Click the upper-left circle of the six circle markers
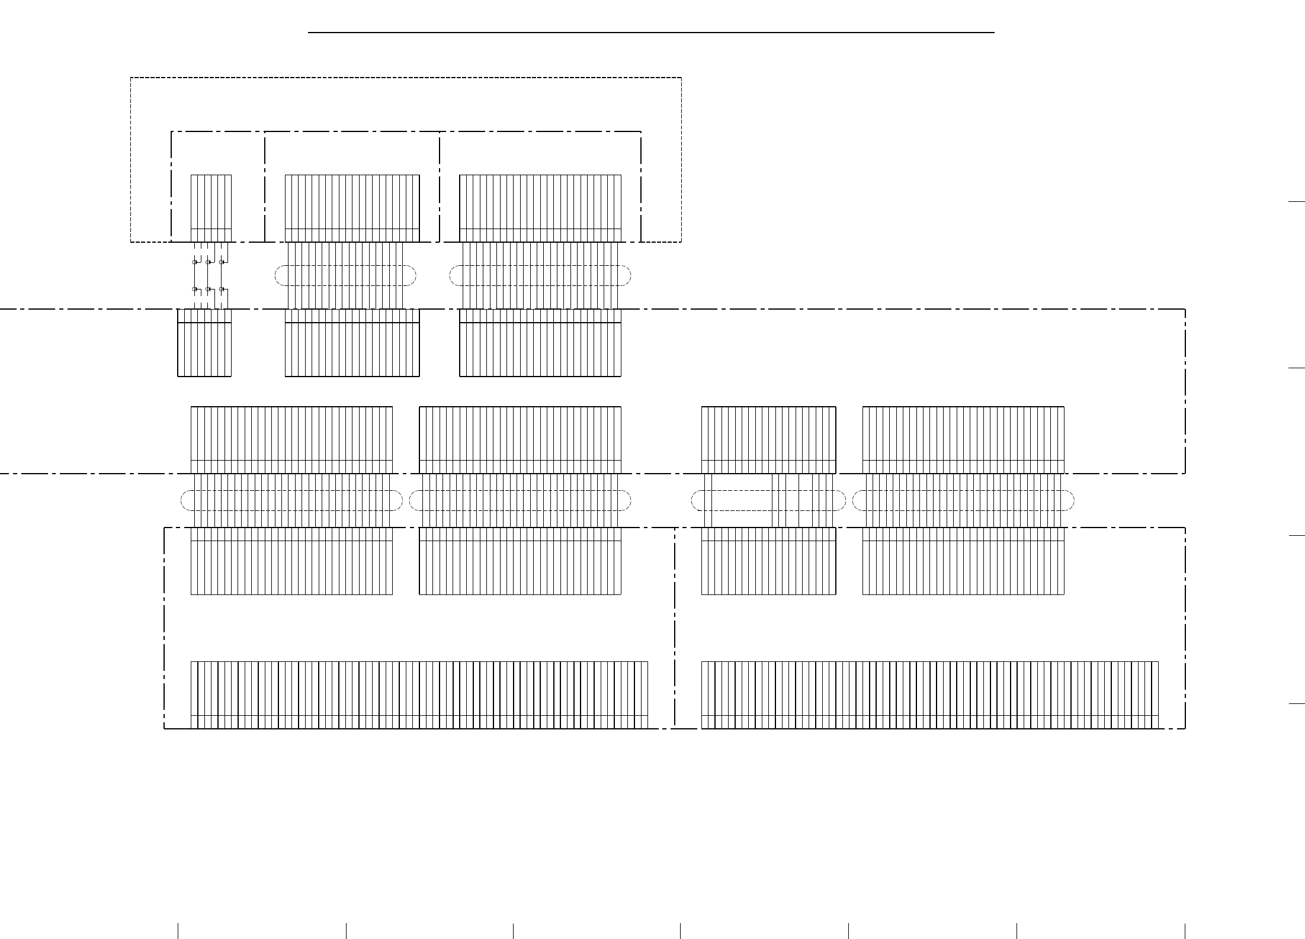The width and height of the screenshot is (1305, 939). (x=194, y=262)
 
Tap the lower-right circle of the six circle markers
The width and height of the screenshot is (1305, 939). (x=221, y=289)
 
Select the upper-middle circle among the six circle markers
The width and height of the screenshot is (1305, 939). (x=208, y=262)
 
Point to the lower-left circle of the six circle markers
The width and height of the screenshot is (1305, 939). (x=194, y=289)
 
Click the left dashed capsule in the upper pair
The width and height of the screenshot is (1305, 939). (x=345, y=275)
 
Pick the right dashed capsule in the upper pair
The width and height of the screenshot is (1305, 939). (x=540, y=275)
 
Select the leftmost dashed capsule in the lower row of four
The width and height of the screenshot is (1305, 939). (x=291, y=501)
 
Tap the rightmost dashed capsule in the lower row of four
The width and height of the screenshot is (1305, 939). (x=963, y=501)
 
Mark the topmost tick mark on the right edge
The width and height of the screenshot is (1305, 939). (x=1297, y=202)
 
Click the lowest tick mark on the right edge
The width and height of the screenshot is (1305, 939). (x=1297, y=704)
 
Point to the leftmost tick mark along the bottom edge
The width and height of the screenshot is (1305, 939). (x=178, y=931)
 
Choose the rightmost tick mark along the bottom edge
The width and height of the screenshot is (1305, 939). (x=1185, y=931)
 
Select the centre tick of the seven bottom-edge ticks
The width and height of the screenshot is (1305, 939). (x=681, y=931)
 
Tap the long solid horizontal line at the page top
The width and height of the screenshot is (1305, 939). (x=651, y=33)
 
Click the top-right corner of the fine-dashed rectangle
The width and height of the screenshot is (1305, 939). (x=681, y=78)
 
